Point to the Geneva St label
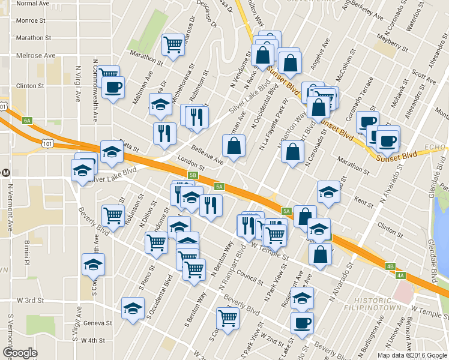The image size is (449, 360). [98, 323]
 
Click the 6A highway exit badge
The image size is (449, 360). [27, 121]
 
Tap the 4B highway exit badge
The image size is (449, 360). [390, 266]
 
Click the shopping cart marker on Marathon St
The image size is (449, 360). [173, 44]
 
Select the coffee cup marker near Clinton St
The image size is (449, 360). [113, 88]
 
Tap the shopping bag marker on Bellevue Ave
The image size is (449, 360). [234, 145]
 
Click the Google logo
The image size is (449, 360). [20, 353]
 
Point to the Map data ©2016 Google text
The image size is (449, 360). [412, 355]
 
